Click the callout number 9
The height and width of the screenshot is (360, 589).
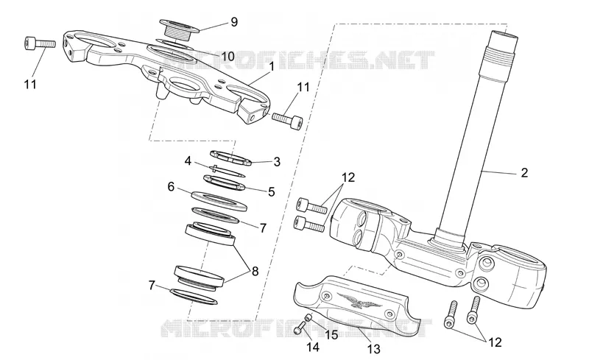coord(234,22)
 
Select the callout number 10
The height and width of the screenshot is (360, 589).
coord(228,57)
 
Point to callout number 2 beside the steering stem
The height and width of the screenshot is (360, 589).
coord(524,172)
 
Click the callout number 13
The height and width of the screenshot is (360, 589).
coord(373,349)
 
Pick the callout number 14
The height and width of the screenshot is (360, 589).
coord(313,347)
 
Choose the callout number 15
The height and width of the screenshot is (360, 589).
coord(331,335)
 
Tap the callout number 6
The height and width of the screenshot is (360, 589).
coord(172,186)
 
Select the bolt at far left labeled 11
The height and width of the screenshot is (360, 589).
coord(40,43)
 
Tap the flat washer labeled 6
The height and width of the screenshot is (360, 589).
coord(219,201)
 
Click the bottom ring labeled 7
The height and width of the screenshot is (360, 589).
coord(194,297)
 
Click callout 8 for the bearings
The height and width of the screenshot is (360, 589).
coord(255,271)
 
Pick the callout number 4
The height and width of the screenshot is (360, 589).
coord(188,161)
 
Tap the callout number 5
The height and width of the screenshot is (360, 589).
coord(271,191)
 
